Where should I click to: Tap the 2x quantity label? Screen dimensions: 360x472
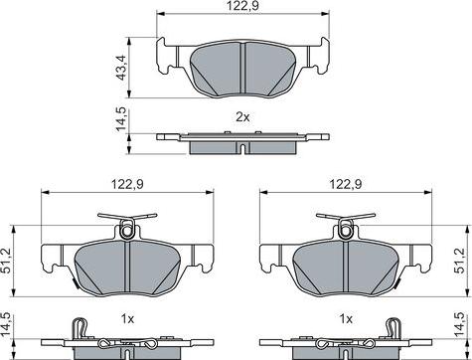(x=242, y=118)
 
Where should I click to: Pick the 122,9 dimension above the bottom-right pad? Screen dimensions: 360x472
(x=345, y=183)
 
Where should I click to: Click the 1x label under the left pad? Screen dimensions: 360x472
(x=127, y=319)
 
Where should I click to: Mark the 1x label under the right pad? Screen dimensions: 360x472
(x=345, y=319)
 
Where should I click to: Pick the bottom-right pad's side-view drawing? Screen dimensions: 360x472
(x=345, y=344)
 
